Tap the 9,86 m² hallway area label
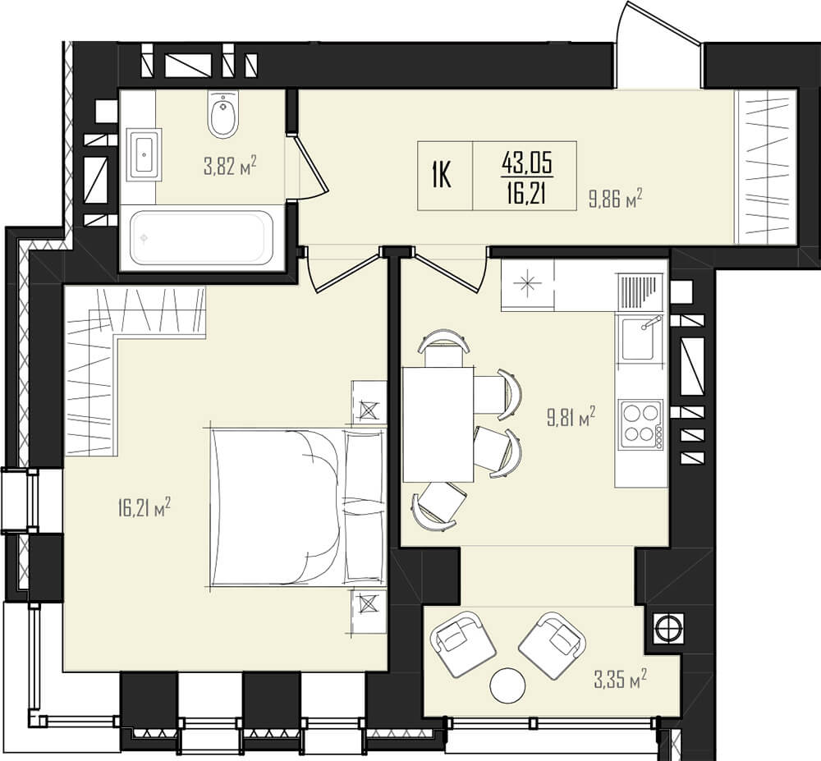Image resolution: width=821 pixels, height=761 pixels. coord(615,199)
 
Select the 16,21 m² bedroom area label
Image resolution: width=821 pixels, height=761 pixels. coord(144,507)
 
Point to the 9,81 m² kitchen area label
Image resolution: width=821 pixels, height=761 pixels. coord(571,417)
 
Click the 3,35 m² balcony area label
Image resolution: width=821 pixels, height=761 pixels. coord(620,680)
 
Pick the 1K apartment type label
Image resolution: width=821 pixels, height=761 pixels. coord(442,176)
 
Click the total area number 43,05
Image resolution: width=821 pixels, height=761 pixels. coord(527,164)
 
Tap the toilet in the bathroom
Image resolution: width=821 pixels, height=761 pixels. coord(223,114)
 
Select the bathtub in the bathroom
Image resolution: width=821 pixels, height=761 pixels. coord(202,238)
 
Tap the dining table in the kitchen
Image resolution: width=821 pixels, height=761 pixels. coord(438,424)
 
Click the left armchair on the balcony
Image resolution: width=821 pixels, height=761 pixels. coord(463,646)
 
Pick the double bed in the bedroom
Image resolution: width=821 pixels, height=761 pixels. coord(299,507)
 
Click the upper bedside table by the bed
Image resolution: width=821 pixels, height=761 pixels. coord(369,402)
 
